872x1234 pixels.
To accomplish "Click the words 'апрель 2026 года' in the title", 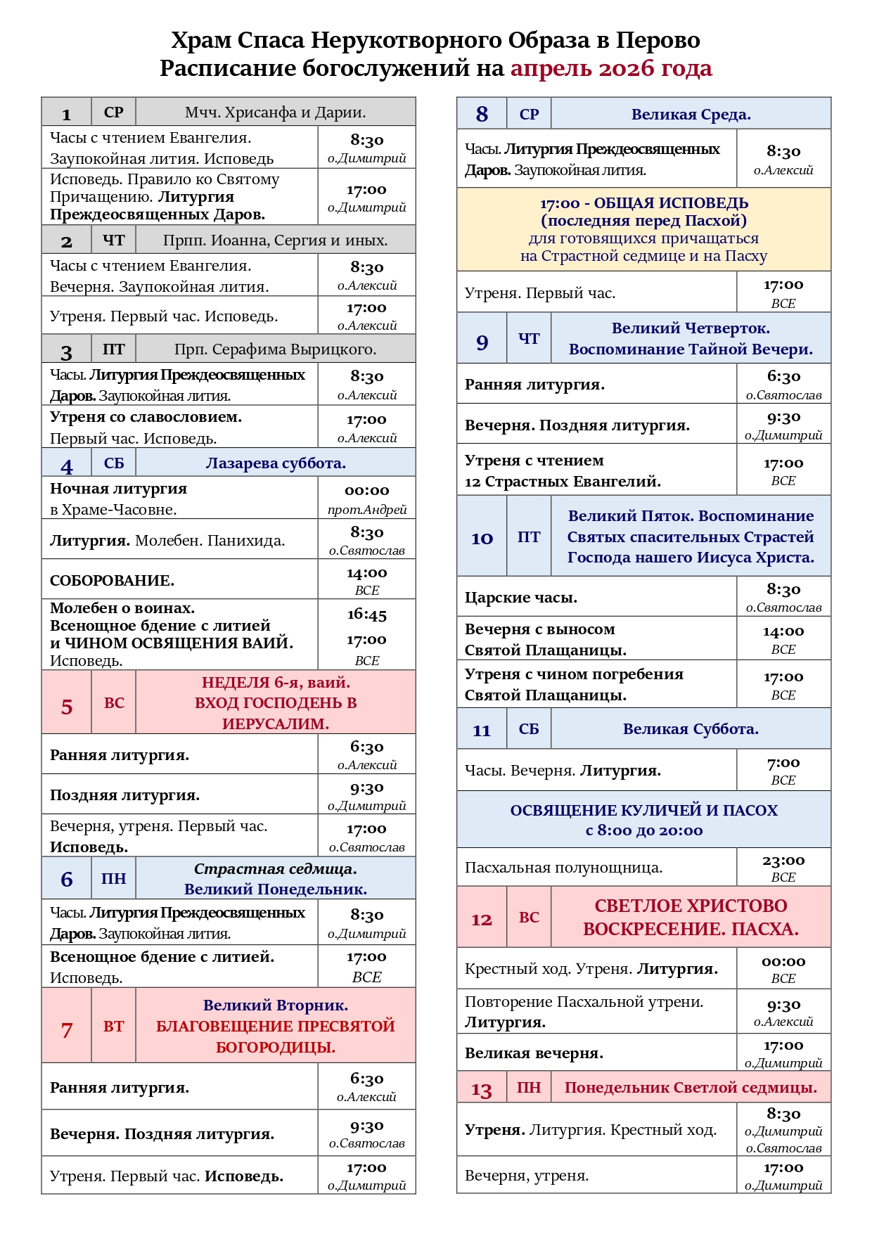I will [x=610, y=68].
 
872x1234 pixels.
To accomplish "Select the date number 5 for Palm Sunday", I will [x=67, y=706].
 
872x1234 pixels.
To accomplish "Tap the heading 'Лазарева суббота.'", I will [x=276, y=463].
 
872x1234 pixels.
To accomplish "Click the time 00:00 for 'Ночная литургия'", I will [x=366, y=490].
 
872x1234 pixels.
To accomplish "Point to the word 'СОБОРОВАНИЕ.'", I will [x=112, y=581].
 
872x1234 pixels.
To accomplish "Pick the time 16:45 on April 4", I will [x=366, y=615].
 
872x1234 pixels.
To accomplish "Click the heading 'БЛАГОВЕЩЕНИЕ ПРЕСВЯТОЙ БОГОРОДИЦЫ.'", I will [x=276, y=1036].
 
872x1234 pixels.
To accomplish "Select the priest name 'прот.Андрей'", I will [x=366, y=510].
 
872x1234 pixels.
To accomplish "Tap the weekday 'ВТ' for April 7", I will [x=113, y=1026].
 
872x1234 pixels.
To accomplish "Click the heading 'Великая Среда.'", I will [x=691, y=115].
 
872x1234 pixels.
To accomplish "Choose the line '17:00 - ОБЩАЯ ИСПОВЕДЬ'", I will [x=643, y=203].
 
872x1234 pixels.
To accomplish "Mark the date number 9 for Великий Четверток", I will [x=482, y=342].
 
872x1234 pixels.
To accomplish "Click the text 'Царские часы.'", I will [x=520, y=598].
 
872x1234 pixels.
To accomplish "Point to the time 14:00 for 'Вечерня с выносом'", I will [x=783, y=631].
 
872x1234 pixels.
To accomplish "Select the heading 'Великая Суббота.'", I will [x=691, y=729].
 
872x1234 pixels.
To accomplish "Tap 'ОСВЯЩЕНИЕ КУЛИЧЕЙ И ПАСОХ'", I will [x=643, y=811].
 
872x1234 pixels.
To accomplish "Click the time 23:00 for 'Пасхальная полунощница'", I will [x=783, y=861].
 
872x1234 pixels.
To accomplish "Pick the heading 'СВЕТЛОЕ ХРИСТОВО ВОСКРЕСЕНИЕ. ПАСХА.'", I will [x=691, y=918].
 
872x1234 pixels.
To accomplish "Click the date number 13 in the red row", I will [x=481, y=1090].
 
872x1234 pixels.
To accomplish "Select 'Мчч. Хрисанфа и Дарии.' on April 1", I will [x=275, y=113].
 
